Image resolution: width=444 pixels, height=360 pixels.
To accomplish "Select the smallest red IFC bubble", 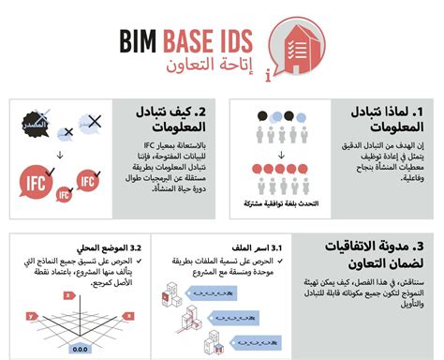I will click(65, 194).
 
